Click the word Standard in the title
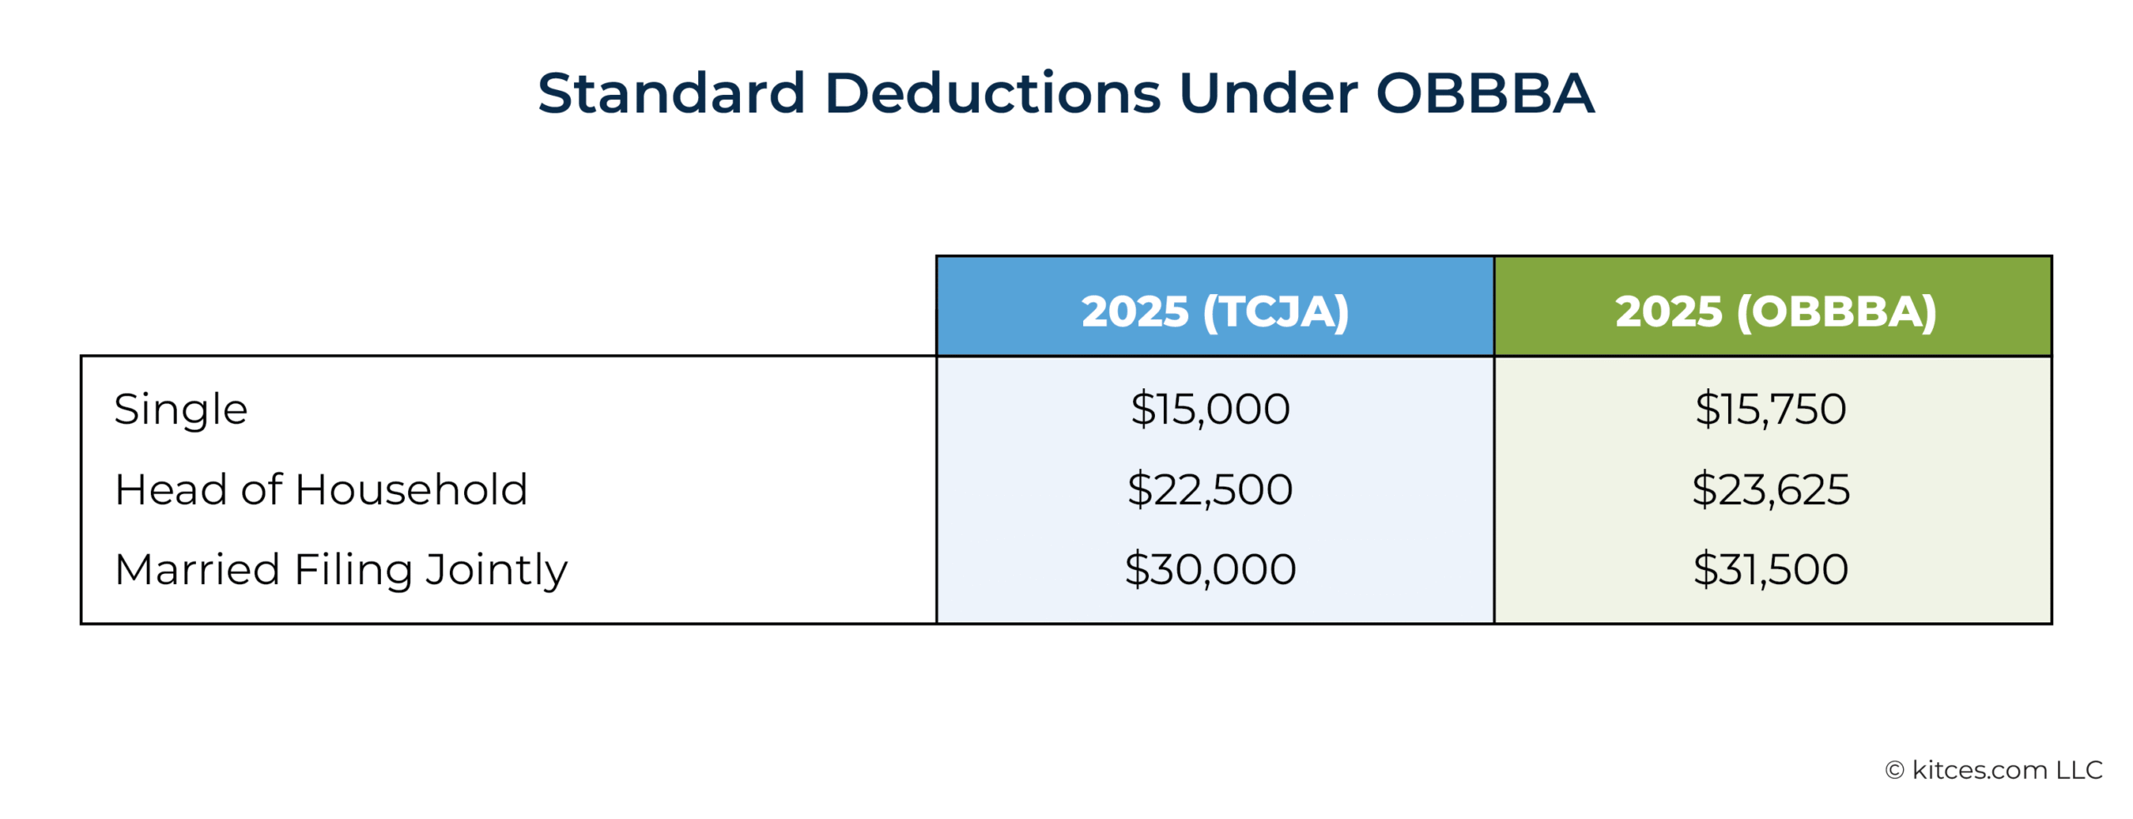click(672, 92)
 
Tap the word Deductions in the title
click(992, 92)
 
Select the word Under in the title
click(1268, 92)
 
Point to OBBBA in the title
click(1485, 92)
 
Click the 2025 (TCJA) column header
click(1215, 312)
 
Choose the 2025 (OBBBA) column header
click(1776, 312)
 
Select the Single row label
click(181, 410)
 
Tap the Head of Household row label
click(321, 489)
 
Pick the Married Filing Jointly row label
click(341, 571)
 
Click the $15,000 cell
click(1210, 409)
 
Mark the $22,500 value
click(1210, 489)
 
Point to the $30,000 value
click(1210, 569)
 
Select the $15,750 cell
click(1771, 409)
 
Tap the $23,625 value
click(1771, 489)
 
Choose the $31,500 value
click(1771, 569)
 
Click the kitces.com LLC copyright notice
click(1994, 770)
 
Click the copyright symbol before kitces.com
click(1895, 771)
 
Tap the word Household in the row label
click(412, 489)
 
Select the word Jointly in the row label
click(497, 571)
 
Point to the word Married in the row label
click(197, 570)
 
